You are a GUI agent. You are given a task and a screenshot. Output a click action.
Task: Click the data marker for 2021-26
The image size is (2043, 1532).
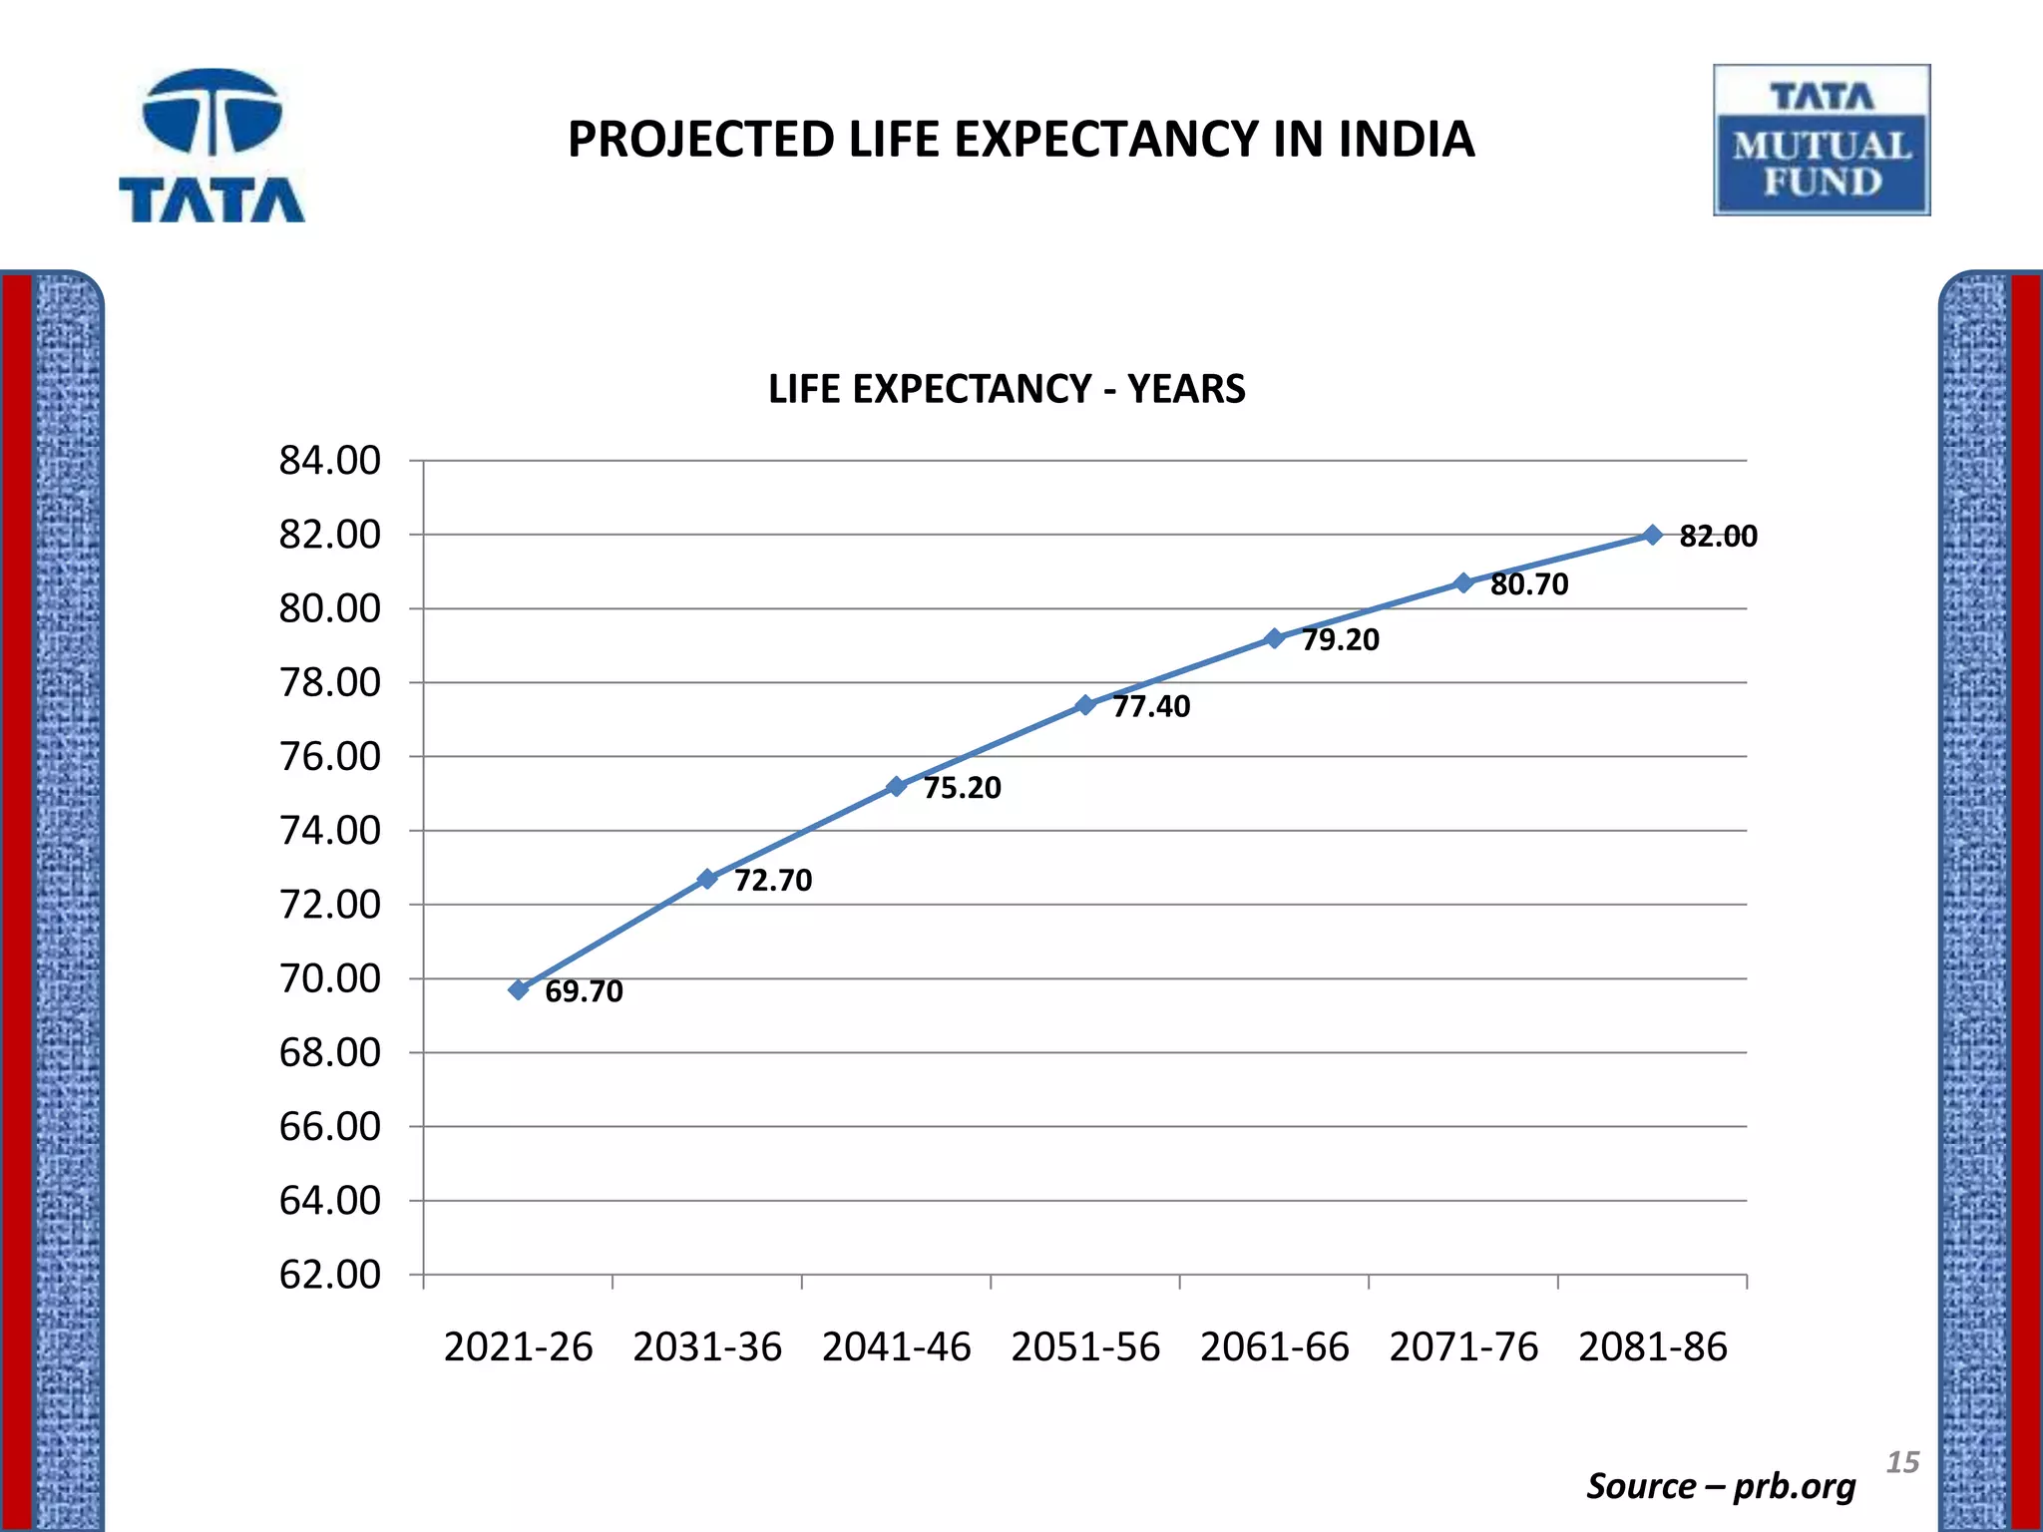pyautogui.click(x=519, y=989)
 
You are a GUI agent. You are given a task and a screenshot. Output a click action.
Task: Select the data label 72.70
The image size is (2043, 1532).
pyautogui.click(x=773, y=881)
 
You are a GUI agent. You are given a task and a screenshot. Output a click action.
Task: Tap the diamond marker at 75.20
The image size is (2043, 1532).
pyautogui.click(x=896, y=786)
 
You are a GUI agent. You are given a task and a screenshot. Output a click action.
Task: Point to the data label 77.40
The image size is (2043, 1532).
pyautogui.click(x=1151, y=707)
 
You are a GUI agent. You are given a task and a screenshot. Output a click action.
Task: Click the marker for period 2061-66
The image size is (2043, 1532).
pyautogui.click(x=1274, y=638)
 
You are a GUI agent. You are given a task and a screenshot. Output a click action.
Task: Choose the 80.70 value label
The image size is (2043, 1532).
pyautogui.click(x=1529, y=584)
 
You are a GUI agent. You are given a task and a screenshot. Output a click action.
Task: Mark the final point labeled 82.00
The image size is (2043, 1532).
pyautogui.click(x=1652, y=536)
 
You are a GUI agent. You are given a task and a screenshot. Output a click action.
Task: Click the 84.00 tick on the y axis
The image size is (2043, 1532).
pyautogui.click(x=329, y=461)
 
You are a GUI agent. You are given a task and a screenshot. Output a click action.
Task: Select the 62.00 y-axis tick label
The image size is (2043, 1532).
pyautogui.click(x=329, y=1275)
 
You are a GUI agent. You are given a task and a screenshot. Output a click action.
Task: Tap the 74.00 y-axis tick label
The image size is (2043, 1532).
pyautogui.click(x=329, y=831)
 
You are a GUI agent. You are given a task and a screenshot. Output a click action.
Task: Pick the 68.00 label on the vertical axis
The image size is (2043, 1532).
pyautogui.click(x=329, y=1052)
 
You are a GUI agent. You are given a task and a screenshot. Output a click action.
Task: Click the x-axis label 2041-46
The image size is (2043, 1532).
pyautogui.click(x=896, y=1347)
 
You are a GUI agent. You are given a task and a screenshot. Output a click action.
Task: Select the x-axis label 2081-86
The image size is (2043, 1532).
pyautogui.click(x=1652, y=1347)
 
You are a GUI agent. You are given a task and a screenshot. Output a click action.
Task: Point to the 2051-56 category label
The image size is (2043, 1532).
pyautogui.click(x=1085, y=1347)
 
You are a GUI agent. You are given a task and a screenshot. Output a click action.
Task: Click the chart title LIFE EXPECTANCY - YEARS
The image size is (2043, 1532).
pyautogui.click(x=1007, y=389)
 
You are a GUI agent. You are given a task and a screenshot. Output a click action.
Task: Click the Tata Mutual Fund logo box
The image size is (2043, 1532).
pyautogui.click(x=1822, y=141)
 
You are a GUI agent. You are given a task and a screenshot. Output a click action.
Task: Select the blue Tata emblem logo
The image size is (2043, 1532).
pyautogui.click(x=211, y=145)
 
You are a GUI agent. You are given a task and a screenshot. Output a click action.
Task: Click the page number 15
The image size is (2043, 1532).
pyautogui.click(x=1902, y=1462)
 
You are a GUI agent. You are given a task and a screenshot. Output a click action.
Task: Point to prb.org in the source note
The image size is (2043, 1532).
pyautogui.click(x=1794, y=1486)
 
